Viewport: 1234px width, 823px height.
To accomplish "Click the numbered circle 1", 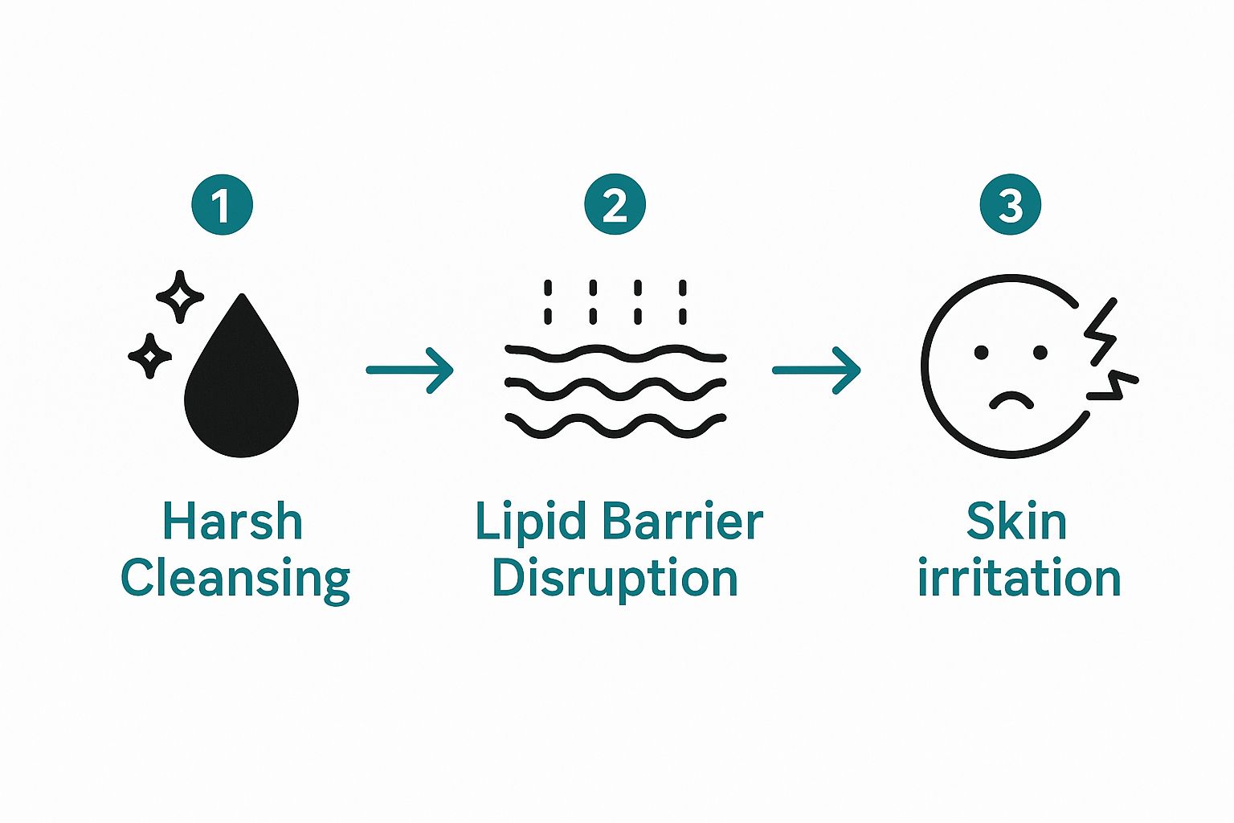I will pos(223,205).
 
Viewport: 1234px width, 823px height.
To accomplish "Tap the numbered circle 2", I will pos(615,205).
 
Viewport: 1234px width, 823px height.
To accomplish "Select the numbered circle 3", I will pos(1010,205).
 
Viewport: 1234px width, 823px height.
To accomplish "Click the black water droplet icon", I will pos(241,386).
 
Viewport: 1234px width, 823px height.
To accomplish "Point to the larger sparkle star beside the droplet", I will pos(180,297).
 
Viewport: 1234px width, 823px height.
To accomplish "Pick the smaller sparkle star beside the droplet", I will pos(149,355).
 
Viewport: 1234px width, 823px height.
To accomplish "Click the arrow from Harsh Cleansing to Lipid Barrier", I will pos(410,371).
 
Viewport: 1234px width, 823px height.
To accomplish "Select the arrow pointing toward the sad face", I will pos(816,371).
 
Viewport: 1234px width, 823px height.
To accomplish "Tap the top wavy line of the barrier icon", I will pos(615,354).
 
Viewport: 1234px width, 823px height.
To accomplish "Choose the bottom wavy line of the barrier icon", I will pos(615,426).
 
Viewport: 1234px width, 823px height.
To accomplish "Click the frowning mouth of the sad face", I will pos(1011,399).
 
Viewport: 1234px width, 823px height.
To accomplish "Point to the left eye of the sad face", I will pos(981,353).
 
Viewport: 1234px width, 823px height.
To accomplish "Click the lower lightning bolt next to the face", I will pos(1113,385).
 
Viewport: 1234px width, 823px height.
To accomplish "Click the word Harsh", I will pos(232,522).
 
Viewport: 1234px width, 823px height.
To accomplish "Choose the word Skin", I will pos(1016,522).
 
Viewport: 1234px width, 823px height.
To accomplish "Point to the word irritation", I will pos(1019,579).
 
